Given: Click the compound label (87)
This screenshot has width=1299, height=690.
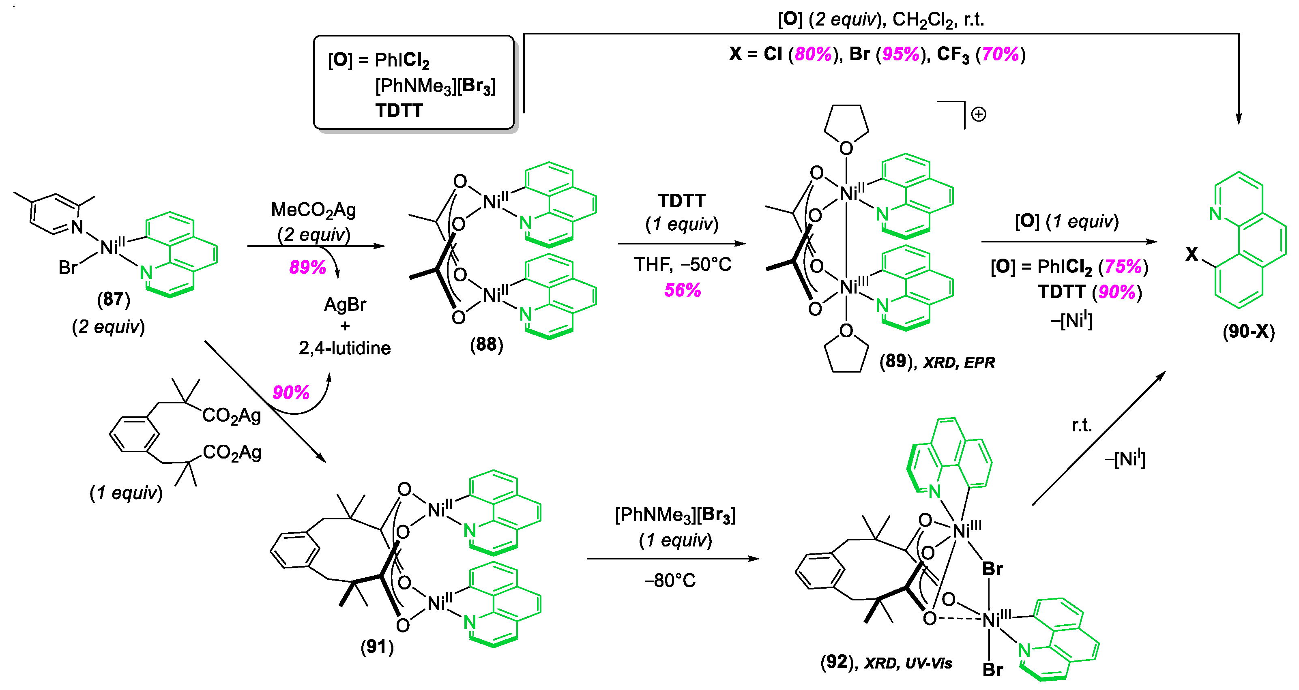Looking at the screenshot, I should (x=114, y=299).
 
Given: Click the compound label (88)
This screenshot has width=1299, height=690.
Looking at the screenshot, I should (x=487, y=345).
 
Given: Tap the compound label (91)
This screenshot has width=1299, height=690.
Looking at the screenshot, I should (x=377, y=646).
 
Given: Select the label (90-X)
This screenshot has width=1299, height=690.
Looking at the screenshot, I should (x=1249, y=332).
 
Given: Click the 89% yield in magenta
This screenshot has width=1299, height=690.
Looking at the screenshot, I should (x=307, y=267).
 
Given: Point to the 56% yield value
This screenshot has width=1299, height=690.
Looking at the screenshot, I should (x=682, y=290).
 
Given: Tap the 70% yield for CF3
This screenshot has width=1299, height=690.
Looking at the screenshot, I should (x=1001, y=54).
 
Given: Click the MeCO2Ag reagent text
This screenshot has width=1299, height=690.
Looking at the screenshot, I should (x=313, y=210).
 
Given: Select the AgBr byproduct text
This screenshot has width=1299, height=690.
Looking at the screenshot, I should (x=345, y=304).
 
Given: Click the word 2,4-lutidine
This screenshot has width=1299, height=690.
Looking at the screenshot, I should (x=344, y=348).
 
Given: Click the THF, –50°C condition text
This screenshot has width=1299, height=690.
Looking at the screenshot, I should (x=682, y=264).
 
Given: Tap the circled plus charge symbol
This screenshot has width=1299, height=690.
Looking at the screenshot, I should (x=979, y=114).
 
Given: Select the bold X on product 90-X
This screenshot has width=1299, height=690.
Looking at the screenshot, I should (x=1192, y=255).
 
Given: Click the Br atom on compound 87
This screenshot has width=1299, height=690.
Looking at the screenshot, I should (x=68, y=268).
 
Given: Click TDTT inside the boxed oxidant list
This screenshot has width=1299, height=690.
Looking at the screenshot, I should (x=399, y=110).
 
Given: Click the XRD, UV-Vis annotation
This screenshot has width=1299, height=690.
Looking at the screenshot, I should (x=908, y=663).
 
